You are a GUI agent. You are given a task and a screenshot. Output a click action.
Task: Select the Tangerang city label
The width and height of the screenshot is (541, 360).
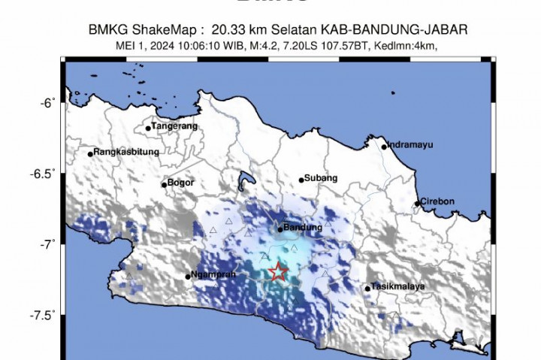(175, 126)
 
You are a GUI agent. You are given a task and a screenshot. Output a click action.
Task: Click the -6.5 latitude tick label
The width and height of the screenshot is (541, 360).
(44, 174)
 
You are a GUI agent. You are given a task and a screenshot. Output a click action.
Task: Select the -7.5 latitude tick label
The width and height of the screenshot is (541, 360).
(44, 315)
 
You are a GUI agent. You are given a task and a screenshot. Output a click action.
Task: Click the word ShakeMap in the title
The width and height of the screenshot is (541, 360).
(153, 29)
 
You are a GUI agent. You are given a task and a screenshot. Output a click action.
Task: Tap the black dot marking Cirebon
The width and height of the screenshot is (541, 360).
(417, 203)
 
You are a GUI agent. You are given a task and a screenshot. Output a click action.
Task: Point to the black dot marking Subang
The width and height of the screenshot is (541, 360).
(301, 180)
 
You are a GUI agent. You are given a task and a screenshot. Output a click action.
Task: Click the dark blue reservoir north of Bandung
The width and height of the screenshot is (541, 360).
(243, 181)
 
